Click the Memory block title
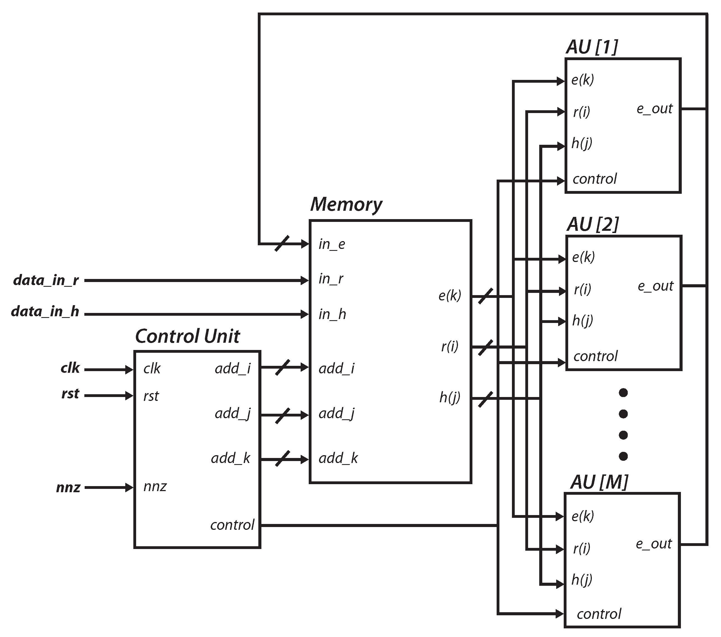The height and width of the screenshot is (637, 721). (x=346, y=205)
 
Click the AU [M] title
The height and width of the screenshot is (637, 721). (x=599, y=482)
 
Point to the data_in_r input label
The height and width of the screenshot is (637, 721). (x=46, y=280)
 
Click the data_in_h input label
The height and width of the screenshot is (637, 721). (x=45, y=312)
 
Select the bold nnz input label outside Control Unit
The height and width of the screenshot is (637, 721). (x=68, y=488)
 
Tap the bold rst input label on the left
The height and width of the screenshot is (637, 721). (x=70, y=394)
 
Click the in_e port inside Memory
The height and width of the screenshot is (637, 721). (x=332, y=244)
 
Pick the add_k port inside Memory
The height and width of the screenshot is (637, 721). (x=338, y=458)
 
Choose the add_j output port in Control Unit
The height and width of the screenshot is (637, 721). (x=232, y=413)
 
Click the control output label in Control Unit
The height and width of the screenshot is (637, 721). (x=232, y=525)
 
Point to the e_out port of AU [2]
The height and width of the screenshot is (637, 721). (x=655, y=286)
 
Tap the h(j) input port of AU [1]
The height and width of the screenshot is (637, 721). (x=582, y=144)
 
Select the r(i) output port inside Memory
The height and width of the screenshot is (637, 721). (x=449, y=347)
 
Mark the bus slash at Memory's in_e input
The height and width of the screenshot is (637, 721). (x=282, y=243)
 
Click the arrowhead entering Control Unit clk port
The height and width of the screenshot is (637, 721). (x=129, y=370)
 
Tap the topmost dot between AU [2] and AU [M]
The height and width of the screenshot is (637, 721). (x=623, y=393)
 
